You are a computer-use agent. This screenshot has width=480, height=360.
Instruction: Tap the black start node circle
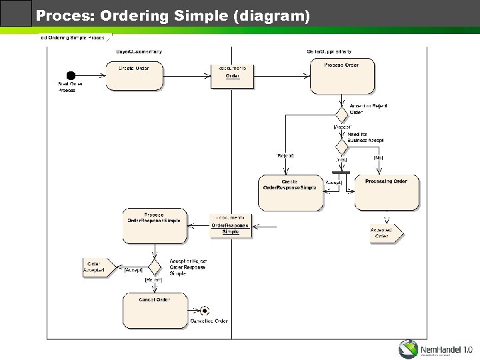click(x=71, y=75)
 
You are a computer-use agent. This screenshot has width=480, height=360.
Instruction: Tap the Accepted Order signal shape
click(x=385, y=233)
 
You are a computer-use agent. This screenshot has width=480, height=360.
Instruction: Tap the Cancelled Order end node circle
click(x=205, y=310)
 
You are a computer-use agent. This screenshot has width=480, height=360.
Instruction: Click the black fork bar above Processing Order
click(x=341, y=173)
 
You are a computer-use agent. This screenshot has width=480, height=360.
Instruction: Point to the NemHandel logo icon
click(x=409, y=349)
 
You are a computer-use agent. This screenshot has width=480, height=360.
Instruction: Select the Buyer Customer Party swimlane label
click(x=139, y=51)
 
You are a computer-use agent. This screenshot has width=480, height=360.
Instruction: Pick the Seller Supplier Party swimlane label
click(x=329, y=51)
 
